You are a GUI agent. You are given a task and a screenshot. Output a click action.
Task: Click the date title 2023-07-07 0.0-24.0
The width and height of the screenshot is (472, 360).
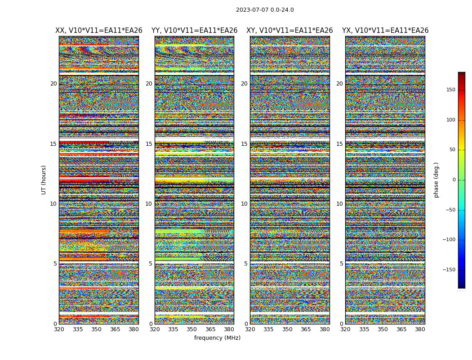(265, 10)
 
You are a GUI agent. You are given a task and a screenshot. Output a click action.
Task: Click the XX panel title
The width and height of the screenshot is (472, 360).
(99, 31)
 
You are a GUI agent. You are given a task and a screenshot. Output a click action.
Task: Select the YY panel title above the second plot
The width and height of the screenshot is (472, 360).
(194, 31)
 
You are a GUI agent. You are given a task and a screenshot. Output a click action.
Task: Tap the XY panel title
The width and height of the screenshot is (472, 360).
(289, 31)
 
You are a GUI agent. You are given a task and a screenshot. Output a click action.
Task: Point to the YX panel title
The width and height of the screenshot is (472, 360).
(385, 31)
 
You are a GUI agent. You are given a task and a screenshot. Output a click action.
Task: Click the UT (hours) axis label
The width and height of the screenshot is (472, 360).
(44, 180)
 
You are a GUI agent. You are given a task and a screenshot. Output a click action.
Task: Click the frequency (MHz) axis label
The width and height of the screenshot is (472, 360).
(217, 338)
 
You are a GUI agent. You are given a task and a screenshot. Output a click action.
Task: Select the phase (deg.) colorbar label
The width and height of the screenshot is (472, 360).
(436, 180)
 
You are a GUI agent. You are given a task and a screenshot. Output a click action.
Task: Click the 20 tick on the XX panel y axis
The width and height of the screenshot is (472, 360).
(53, 84)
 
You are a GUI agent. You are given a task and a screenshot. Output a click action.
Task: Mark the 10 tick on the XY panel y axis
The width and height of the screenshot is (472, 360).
(244, 204)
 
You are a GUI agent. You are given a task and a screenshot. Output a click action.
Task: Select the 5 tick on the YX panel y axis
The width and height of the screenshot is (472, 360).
(342, 264)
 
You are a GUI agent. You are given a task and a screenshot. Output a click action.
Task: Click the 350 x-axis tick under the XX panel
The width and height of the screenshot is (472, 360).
(96, 329)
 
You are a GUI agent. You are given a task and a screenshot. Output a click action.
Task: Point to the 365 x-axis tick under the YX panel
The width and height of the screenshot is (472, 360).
(401, 329)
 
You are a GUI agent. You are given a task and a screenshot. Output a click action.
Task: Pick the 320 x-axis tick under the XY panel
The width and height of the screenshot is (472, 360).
(250, 329)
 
